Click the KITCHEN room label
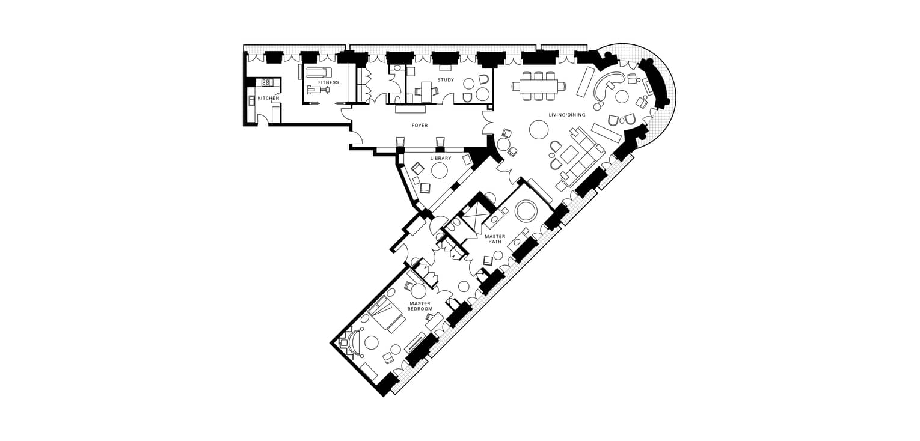pos(268,99)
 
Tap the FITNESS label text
pos(328,82)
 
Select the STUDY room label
pos(446,80)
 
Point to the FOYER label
pos(420,126)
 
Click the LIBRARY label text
pos(441,158)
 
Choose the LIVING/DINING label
pos(567,115)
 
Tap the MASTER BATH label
pos(495,239)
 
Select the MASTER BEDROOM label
pos(420,306)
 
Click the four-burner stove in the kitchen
pos(266,82)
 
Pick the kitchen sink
pos(251,100)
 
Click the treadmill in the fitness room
pos(317,73)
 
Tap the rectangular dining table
pos(538,86)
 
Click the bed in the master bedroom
pos(386,312)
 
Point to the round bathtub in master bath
pos(526,211)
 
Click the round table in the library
pos(438,170)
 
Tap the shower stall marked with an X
pos(475,213)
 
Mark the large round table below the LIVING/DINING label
pos(539,130)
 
